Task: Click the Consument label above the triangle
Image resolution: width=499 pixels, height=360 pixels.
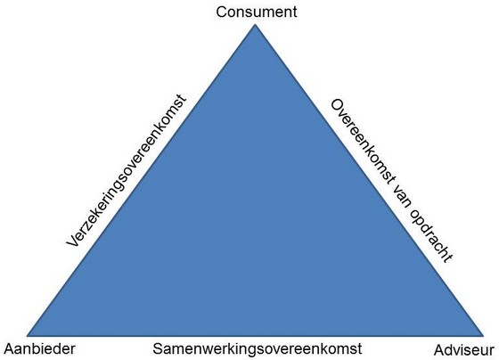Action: pyautogui.click(x=257, y=12)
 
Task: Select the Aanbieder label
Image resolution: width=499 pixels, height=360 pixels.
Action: pyautogui.click(x=40, y=348)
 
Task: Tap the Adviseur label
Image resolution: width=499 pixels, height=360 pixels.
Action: pyautogui.click(x=464, y=350)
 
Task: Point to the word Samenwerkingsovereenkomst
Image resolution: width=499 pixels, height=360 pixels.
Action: pyautogui.click(x=258, y=348)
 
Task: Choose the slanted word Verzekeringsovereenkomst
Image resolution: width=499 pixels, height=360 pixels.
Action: pyautogui.click(x=126, y=170)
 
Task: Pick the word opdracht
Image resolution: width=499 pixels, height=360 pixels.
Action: pyautogui.click(x=430, y=236)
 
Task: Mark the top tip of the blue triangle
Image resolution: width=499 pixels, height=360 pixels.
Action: pyautogui.click(x=255, y=25)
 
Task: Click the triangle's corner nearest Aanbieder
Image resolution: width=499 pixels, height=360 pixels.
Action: pyautogui.click(x=27, y=336)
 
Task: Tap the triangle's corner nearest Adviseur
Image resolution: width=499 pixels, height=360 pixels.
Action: pyautogui.click(x=484, y=336)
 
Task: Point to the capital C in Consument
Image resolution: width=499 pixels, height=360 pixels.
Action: pyautogui.click(x=222, y=12)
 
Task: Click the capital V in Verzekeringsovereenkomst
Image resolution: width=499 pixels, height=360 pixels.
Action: pyautogui.click(x=73, y=241)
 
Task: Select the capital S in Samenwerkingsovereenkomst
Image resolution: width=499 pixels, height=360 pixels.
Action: pyautogui.click(x=158, y=348)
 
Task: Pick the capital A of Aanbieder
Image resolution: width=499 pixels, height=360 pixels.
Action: pyautogui.click(x=9, y=348)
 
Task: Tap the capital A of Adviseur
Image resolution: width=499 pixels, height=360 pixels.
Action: pyautogui.click(x=439, y=350)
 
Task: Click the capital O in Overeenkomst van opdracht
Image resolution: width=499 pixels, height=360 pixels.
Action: pyautogui.click(x=337, y=106)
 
